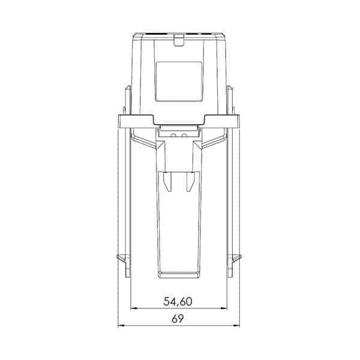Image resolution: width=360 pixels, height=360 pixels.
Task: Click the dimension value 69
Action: coord(178,319)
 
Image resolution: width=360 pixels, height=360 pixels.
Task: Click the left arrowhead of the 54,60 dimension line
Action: coord(133,309)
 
